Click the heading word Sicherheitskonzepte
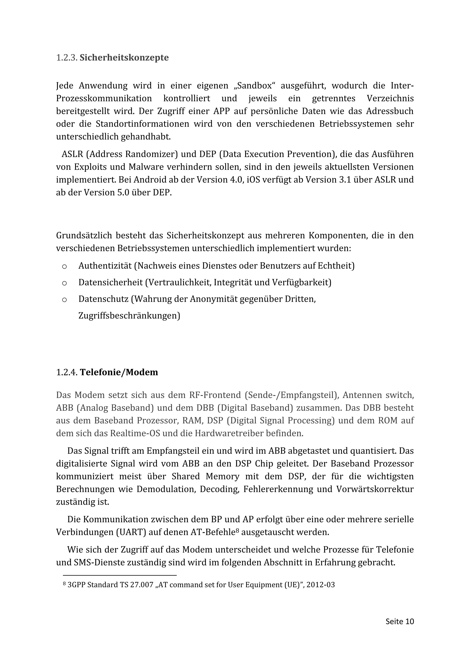(x=124, y=58)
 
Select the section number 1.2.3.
(x=67, y=58)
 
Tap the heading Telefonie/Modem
(x=119, y=372)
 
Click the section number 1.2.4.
(x=67, y=372)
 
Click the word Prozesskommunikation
(x=104, y=99)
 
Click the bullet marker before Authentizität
(x=64, y=266)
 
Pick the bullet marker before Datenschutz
(x=64, y=300)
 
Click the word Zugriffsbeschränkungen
(x=129, y=315)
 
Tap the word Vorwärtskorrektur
(x=375, y=489)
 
